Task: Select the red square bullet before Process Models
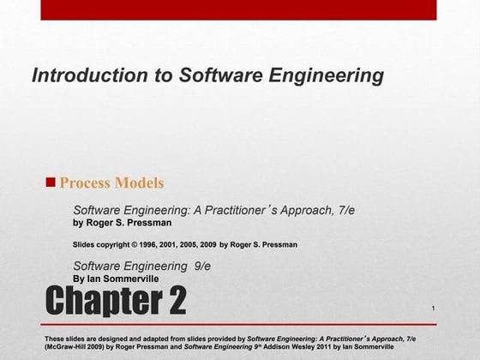tap(51, 182)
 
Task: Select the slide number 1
tap(434, 308)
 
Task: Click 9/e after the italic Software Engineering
tap(202, 266)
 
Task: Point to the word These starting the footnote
tap(54, 339)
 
